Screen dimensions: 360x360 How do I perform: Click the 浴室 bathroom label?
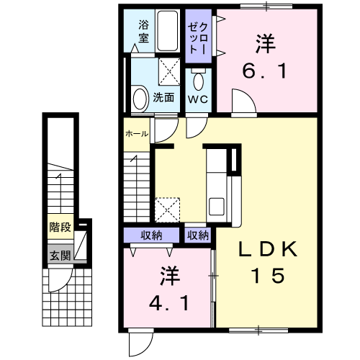tap(143, 31)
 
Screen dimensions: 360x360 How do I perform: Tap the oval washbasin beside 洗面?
tap(140, 96)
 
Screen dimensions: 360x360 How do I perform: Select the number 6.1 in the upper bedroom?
tap(264, 73)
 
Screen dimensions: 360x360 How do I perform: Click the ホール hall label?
tap(137, 135)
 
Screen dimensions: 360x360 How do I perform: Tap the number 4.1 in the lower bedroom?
tap(169, 302)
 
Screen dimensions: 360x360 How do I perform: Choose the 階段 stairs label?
tap(60, 228)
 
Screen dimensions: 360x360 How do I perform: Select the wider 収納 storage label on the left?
tap(151, 235)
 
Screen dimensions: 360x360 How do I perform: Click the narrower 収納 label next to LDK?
tap(198, 235)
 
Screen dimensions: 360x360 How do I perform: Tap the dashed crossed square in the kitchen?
tap(168, 209)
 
